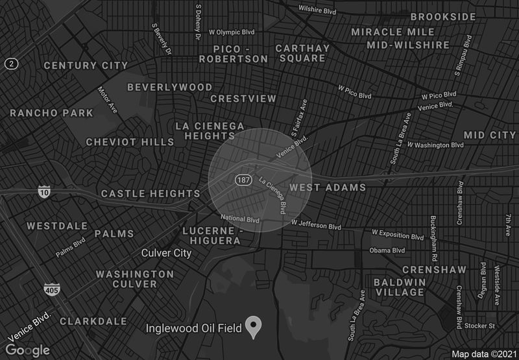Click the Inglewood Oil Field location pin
[x=257, y=326]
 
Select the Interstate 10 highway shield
[x=43, y=191]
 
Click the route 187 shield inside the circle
[x=243, y=178]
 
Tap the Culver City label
[x=167, y=253]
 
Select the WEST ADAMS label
[x=327, y=187]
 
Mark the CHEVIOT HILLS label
[x=130, y=142]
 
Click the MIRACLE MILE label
[x=400, y=32]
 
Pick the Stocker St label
[x=483, y=326]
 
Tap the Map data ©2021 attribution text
[x=483, y=354]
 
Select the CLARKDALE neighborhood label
[x=93, y=321]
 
